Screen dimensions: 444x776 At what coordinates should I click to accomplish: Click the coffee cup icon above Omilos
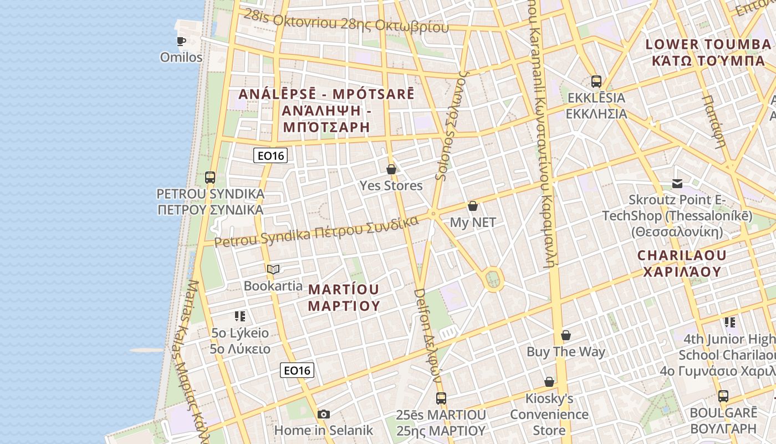[181, 41]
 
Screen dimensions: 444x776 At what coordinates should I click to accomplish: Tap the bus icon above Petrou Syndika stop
[210, 178]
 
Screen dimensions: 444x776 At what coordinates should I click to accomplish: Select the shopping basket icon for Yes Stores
[391, 169]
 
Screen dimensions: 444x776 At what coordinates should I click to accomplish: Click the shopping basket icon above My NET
[473, 206]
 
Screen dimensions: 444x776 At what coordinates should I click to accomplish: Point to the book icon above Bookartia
[273, 270]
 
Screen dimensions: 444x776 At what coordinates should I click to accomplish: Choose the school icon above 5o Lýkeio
[239, 316]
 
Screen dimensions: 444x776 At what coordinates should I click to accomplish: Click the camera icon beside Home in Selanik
[324, 414]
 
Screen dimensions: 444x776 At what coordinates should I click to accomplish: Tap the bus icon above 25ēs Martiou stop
[441, 398]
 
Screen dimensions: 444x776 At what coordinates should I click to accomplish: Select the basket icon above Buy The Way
[566, 335]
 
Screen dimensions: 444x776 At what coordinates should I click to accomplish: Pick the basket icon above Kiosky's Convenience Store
[549, 382]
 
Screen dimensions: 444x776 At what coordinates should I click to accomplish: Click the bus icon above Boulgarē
[723, 396]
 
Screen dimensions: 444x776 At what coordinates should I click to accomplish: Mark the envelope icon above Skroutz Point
[677, 183]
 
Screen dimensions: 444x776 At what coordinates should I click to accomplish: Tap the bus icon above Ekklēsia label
[596, 82]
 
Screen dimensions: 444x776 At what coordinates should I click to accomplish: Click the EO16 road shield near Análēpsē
[270, 155]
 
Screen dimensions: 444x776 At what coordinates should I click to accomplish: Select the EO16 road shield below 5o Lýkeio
[297, 370]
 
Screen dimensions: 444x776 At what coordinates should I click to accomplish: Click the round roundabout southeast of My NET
[492, 279]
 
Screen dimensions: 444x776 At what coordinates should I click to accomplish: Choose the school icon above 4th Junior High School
[729, 322]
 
